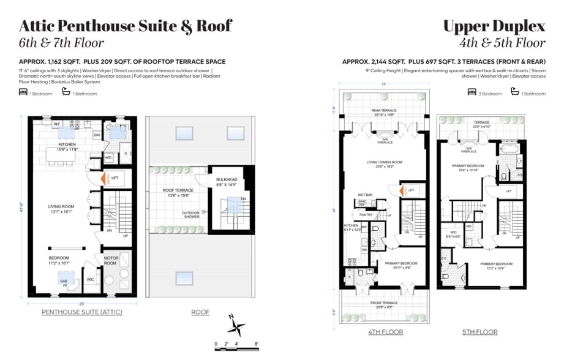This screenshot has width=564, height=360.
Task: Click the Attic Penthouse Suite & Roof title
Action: point(126,26)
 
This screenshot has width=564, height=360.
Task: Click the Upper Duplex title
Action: point(494,26)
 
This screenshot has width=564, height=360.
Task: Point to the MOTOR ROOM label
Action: point(111,260)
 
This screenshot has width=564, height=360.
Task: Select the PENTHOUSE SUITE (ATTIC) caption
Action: point(82,312)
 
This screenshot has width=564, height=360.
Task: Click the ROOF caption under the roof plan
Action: point(200,312)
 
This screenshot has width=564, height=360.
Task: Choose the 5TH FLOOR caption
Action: point(479,332)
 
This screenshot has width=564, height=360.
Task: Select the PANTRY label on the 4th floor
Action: point(366,215)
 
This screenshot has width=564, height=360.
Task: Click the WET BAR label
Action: point(366,196)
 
